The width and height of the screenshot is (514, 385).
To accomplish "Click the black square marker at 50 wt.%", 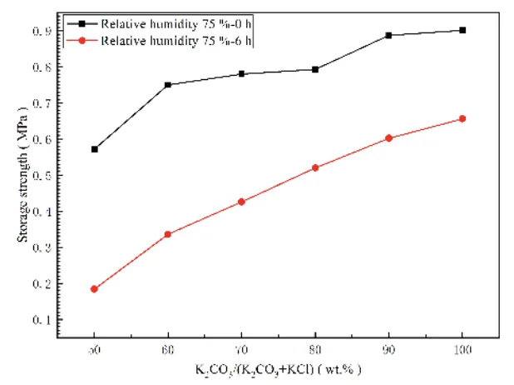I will coord(95,149).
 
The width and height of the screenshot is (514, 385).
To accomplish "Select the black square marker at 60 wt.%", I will coord(168,85).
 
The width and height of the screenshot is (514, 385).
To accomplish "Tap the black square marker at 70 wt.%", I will coord(241,74).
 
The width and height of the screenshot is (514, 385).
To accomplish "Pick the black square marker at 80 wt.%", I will coord(315,69).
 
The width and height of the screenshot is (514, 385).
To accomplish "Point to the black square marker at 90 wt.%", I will coord(388,35).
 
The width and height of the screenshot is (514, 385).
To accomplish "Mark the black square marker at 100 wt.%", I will coord(462,30).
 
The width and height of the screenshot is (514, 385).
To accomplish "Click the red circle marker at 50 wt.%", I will coord(95,289).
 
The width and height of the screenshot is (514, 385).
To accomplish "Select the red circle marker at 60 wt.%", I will coord(168,234).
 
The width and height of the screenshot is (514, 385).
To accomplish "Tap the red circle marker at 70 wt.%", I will coord(241,202).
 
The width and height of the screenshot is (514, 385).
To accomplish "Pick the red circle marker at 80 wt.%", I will coord(315,167).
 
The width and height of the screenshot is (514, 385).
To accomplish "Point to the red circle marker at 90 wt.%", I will coord(388,138).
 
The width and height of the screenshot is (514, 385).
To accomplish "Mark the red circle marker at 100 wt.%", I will coord(462,119).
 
